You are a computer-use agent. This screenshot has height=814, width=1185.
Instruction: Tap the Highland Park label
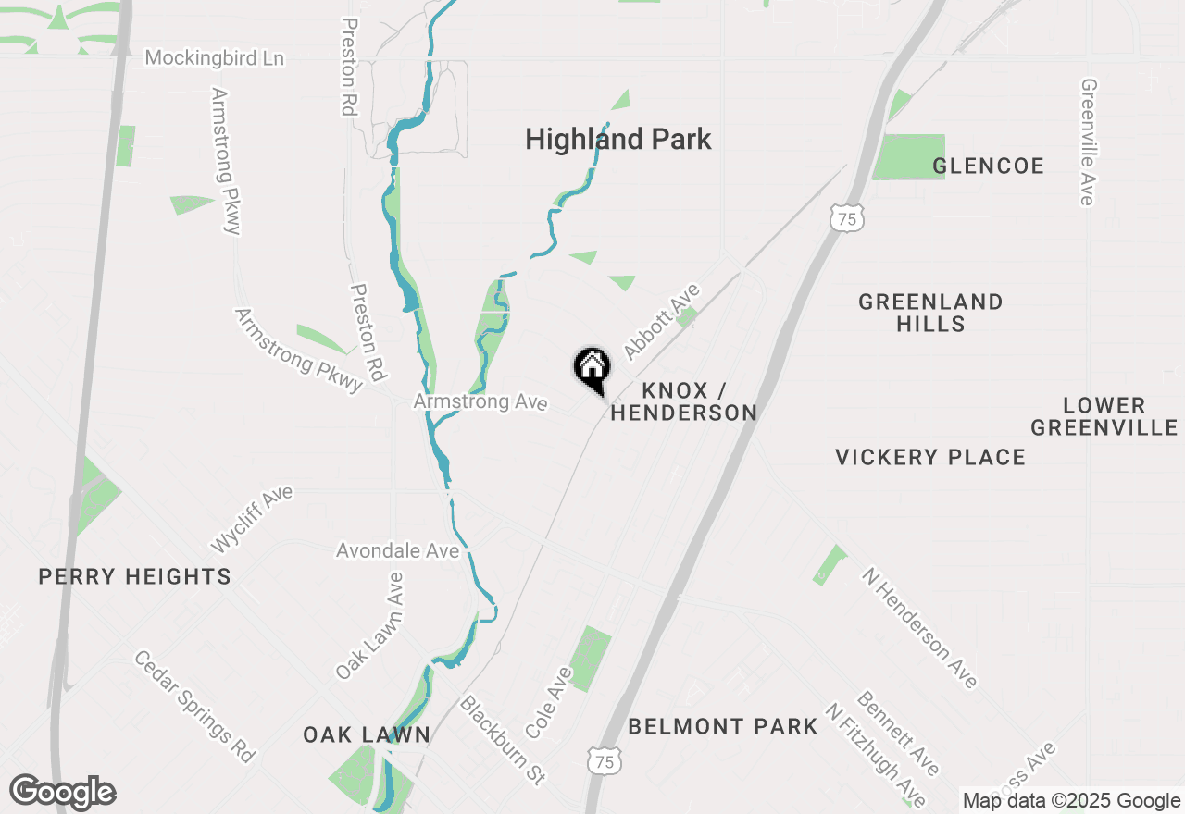pyautogui.click(x=617, y=140)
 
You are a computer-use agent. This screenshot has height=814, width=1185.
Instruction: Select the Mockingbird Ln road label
pyautogui.click(x=215, y=58)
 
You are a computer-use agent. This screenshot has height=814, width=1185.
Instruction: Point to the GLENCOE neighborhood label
pyautogui.click(x=988, y=166)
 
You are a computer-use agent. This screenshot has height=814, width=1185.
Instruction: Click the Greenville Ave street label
pyautogui.click(x=1088, y=142)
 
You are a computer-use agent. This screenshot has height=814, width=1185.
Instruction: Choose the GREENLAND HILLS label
pyautogui.click(x=930, y=313)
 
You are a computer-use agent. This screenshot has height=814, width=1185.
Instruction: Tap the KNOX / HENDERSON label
pyautogui.click(x=684, y=402)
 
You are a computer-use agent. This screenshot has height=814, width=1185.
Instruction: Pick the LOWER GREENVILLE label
pyautogui.click(x=1104, y=416)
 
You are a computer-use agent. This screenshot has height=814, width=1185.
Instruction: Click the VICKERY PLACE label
pyautogui.click(x=930, y=457)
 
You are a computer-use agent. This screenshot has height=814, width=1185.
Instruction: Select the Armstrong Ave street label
pyautogui.click(x=480, y=402)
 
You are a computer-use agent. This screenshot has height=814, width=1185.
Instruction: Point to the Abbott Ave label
pyautogui.click(x=662, y=322)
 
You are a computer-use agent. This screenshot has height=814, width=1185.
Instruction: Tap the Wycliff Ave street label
pyautogui.click(x=252, y=518)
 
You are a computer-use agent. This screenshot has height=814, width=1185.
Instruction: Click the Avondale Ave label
pyautogui.click(x=397, y=551)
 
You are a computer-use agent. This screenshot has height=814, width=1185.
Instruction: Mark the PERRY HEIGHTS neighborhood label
pyautogui.click(x=134, y=577)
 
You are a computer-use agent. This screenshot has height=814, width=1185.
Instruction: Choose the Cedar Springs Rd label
pyautogui.click(x=194, y=707)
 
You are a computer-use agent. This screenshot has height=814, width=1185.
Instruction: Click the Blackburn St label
pyautogui.click(x=503, y=740)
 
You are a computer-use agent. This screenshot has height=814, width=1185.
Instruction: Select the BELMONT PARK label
pyautogui.click(x=722, y=727)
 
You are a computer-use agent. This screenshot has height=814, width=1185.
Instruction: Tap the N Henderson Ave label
pyautogui.click(x=918, y=628)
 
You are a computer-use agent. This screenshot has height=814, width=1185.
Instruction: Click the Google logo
pyautogui.click(x=62, y=793)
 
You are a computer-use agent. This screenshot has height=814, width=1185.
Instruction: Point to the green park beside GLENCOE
pyautogui.click(x=908, y=156)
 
